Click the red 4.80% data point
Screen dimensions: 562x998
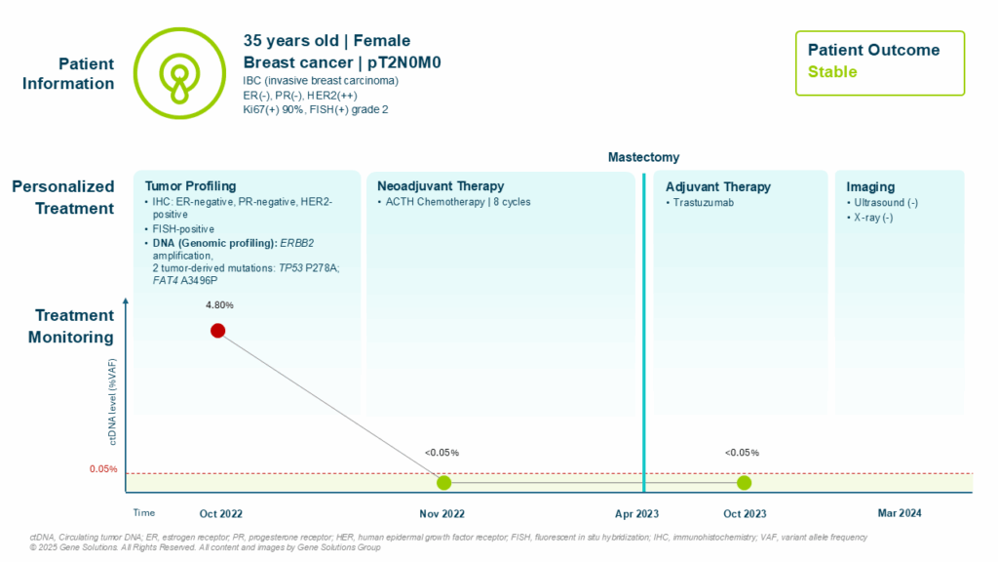(x=218, y=330)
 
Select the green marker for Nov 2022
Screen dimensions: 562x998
(x=443, y=482)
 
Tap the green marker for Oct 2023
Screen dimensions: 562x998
(x=744, y=482)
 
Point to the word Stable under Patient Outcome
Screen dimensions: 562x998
(x=832, y=72)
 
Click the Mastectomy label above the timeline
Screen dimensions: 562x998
(x=643, y=157)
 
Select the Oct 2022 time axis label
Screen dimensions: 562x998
(x=220, y=513)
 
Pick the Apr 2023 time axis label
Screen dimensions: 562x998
(x=636, y=513)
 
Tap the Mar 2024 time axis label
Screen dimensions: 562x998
(x=899, y=513)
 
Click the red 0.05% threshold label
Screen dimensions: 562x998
(x=103, y=469)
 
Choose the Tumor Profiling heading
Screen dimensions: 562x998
(x=190, y=186)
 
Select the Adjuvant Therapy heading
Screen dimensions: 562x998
(x=717, y=186)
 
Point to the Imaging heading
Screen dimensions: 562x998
(x=870, y=186)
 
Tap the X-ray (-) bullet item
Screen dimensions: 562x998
(x=874, y=218)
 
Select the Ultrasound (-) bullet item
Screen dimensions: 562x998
(x=884, y=203)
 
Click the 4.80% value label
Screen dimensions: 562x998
(x=218, y=305)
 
